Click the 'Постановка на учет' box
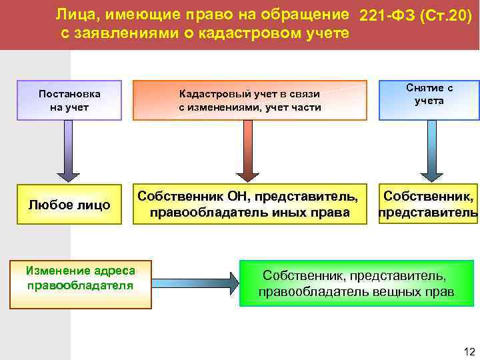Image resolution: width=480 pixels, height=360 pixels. (69, 100)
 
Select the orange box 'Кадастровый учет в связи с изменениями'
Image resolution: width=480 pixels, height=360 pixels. (249, 101)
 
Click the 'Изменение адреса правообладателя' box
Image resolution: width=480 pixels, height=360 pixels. (80, 277)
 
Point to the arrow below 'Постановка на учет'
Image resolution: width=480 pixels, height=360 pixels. (69, 150)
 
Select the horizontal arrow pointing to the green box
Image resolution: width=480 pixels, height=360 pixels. (193, 282)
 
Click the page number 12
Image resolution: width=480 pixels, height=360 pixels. (469, 351)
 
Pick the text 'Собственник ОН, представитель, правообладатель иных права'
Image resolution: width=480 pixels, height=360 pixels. (252, 205)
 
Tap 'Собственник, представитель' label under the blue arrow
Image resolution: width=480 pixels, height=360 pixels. (428, 205)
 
